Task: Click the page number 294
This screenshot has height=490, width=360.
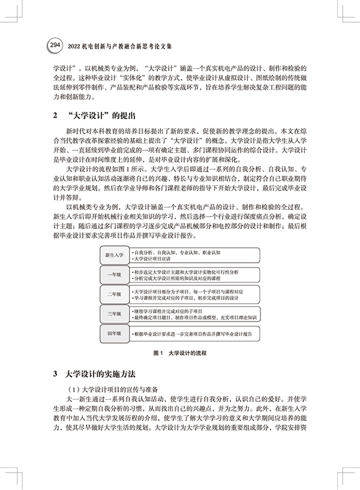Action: coord(55,44)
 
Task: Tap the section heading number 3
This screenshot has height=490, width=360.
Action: coord(56,374)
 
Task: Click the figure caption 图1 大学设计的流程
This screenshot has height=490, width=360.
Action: coord(180,353)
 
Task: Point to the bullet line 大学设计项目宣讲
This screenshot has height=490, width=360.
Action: coord(157,259)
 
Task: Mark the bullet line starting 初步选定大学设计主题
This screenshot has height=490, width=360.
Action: coord(186,272)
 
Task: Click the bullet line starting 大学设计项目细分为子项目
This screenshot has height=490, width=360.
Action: coord(187,291)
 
